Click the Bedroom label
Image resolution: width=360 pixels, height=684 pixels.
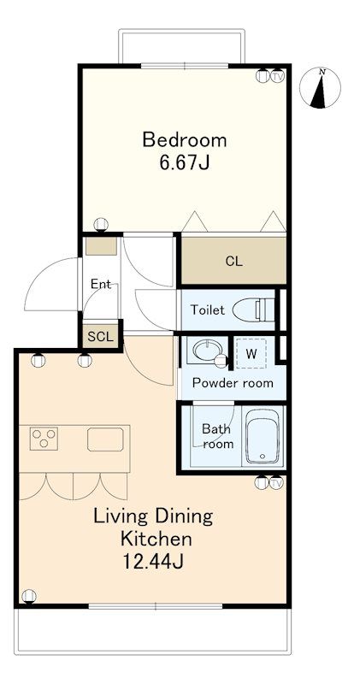[x=185, y=140]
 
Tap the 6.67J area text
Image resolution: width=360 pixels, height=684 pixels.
[x=185, y=162]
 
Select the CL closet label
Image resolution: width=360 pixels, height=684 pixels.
[x=234, y=262]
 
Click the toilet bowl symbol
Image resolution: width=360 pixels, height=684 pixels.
[x=253, y=310]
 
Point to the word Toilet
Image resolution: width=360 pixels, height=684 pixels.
[x=208, y=310]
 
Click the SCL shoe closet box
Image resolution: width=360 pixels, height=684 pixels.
[x=100, y=336]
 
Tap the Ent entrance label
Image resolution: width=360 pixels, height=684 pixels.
[x=101, y=285]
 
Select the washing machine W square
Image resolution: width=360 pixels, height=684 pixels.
[x=251, y=353]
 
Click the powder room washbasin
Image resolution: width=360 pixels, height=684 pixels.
[x=207, y=350]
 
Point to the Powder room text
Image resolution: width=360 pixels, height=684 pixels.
[x=233, y=383]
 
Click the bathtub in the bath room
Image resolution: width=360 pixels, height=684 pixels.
[x=263, y=437]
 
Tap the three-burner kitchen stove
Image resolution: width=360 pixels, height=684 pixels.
[x=44, y=439]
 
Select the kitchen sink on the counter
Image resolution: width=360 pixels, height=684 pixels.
[x=105, y=439]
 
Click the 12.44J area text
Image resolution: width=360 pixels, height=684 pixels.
[x=152, y=561]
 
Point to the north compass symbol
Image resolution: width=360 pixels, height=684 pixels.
[x=320, y=88]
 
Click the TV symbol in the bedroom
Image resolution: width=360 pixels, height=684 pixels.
[x=277, y=76]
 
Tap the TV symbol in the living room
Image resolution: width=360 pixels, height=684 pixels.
[x=276, y=483]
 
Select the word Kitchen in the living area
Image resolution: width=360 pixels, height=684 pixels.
[x=156, y=539]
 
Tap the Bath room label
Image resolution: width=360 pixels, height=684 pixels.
[x=216, y=436]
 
